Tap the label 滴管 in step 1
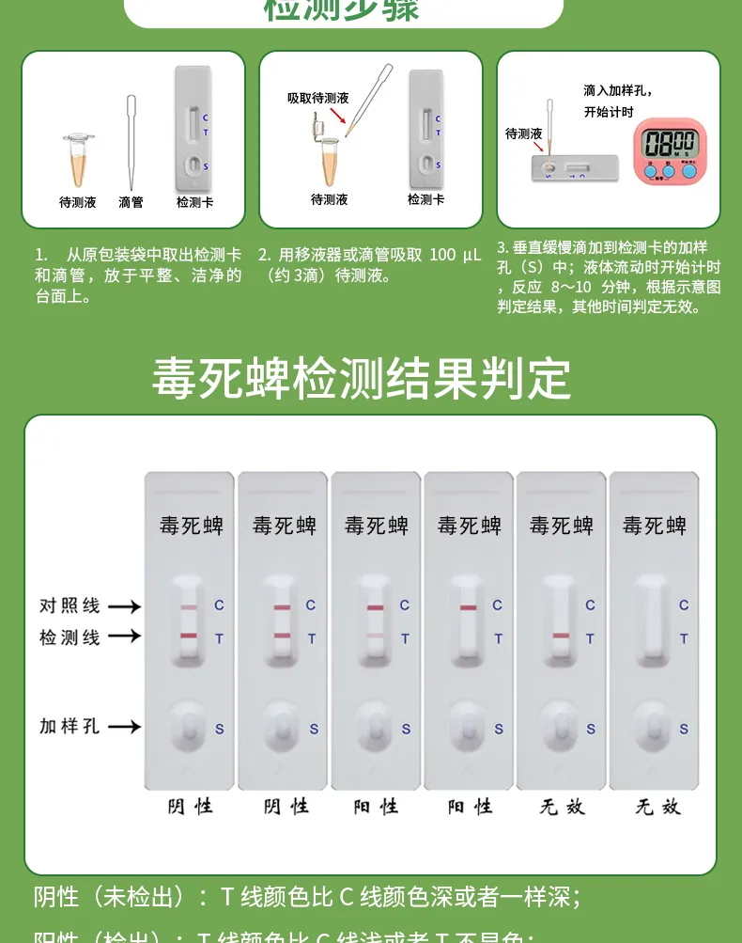tap(131, 202)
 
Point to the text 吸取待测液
tap(317, 98)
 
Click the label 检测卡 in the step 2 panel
tap(425, 199)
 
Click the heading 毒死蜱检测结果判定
tap(362, 379)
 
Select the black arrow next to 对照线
tap(124, 606)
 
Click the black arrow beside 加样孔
tap(124, 727)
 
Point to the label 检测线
tap(70, 637)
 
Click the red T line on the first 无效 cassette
tap(561, 637)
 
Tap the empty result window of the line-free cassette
tap(653, 621)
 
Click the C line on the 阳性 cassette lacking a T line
tap(468, 607)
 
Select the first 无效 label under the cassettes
tap(563, 807)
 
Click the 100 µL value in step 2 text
tap(455, 255)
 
